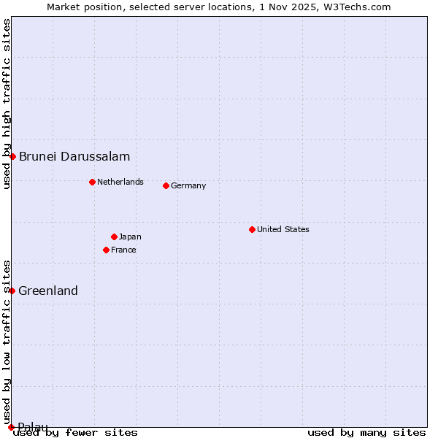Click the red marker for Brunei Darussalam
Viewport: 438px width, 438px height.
click(12, 156)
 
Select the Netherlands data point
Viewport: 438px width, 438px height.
click(92, 182)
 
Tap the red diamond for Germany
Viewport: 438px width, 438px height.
click(166, 185)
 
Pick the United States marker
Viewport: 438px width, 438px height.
click(252, 229)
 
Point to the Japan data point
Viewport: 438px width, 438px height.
click(114, 237)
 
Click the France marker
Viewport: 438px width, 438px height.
click(106, 250)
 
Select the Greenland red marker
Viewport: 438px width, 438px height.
click(12, 291)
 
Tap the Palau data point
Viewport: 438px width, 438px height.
click(11, 426)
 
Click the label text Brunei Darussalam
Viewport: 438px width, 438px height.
click(74, 156)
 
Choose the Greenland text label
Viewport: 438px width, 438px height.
click(48, 291)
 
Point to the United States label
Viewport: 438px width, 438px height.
click(283, 229)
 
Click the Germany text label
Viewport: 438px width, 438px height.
click(188, 185)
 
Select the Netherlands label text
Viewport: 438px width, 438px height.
click(120, 182)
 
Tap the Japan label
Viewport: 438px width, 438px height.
click(130, 237)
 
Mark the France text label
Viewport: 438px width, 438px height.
click(123, 250)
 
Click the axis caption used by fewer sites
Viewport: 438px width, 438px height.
click(76, 432)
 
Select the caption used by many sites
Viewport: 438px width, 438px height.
click(366, 432)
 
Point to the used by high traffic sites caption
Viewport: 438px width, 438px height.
click(7, 104)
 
